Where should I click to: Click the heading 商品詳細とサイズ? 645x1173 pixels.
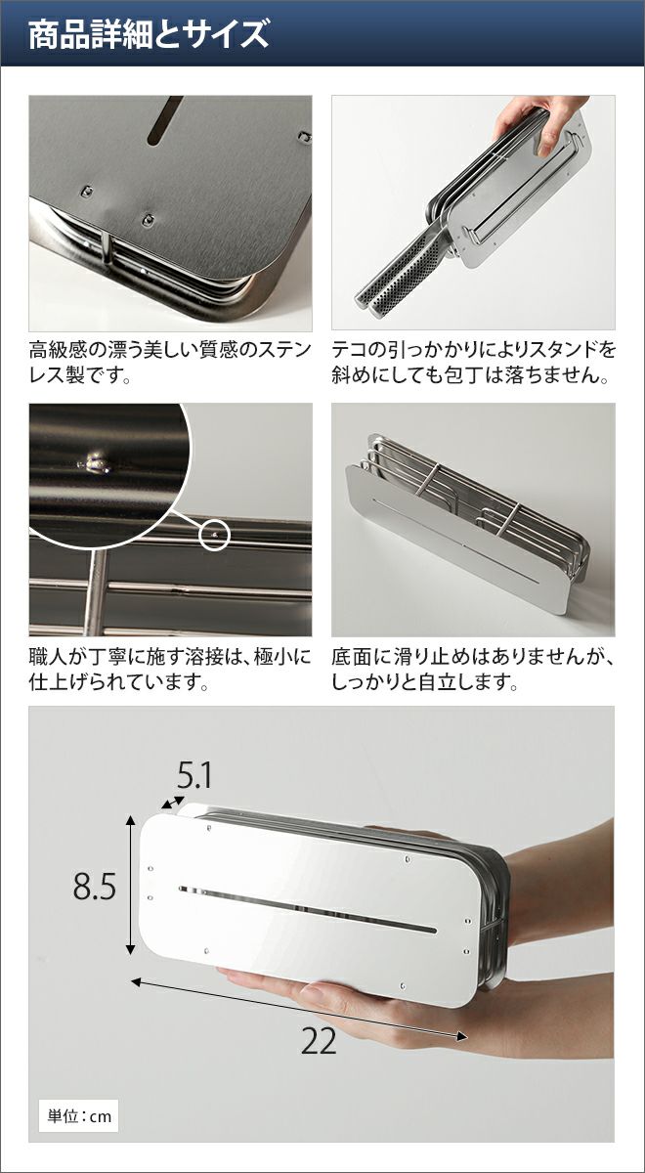point(149,34)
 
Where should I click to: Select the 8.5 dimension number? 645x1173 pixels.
point(94,886)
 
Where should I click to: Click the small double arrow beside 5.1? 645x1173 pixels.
point(173,802)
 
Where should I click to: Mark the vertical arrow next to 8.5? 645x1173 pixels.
point(131,884)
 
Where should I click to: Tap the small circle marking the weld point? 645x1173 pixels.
point(215,535)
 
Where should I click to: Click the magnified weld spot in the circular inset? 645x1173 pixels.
point(94,463)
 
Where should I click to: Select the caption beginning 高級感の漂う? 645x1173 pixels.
point(170,363)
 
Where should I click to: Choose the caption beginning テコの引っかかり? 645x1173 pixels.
point(473,363)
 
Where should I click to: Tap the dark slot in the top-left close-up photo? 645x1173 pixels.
point(164,121)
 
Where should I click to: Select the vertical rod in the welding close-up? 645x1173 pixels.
point(97,592)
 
